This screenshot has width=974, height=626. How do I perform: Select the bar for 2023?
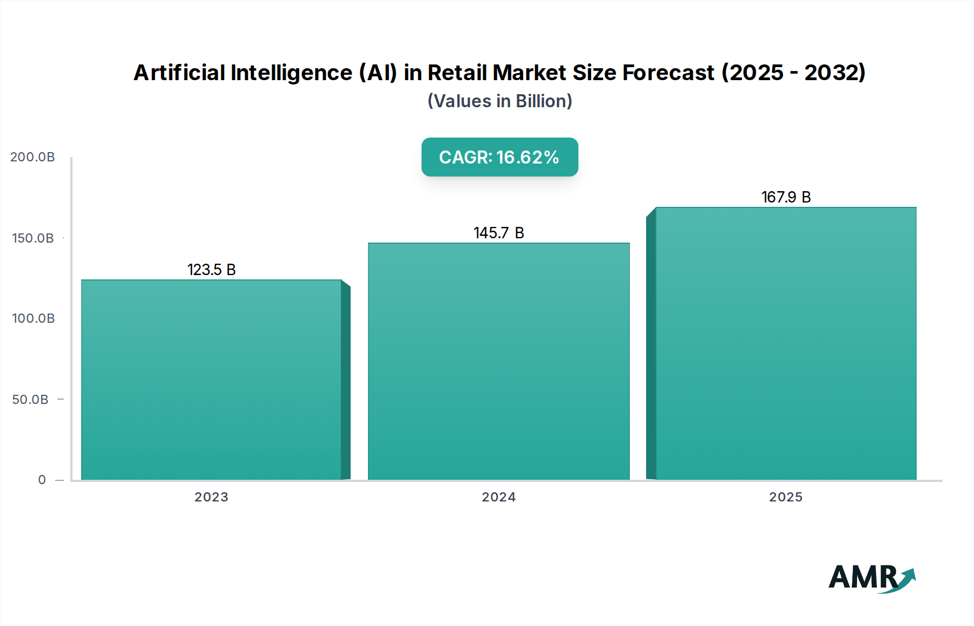[x=211, y=379]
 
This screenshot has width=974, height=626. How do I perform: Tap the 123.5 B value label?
[x=212, y=270]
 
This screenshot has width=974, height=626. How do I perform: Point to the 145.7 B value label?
[x=498, y=233]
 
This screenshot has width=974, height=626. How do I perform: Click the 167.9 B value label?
[x=786, y=197]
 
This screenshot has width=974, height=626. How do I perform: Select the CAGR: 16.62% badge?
[x=499, y=157]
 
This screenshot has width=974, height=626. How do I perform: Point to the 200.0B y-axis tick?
[x=32, y=157]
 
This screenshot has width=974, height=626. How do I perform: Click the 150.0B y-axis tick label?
[x=33, y=238]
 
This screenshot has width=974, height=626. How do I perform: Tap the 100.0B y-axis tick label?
[x=33, y=318]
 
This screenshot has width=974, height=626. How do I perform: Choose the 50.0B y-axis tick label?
[x=30, y=400]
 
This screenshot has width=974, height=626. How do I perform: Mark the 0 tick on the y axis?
[x=42, y=480]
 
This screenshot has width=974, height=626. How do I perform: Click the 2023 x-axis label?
[x=211, y=497]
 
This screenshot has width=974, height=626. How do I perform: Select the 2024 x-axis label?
[x=498, y=497]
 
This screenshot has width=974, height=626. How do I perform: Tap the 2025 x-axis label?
[x=786, y=497]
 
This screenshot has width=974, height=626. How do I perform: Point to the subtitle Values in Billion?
[x=499, y=101]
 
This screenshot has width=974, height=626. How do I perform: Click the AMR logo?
[x=864, y=577]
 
